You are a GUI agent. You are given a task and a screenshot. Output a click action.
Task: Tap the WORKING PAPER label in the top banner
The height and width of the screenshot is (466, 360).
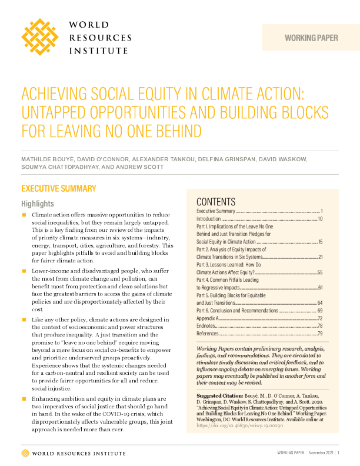(311, 38)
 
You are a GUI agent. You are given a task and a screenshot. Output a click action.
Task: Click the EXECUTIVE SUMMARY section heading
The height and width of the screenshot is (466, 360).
(58, 189)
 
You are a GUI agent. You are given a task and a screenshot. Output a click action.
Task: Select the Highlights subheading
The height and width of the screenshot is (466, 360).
(38, 204)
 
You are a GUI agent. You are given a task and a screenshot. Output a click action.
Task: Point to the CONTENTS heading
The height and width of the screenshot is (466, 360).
(216, 201)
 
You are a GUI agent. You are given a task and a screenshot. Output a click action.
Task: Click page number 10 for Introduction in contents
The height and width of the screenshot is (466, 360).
(320, 218)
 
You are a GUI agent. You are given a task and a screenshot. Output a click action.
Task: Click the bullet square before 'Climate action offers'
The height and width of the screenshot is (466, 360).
(25, 215)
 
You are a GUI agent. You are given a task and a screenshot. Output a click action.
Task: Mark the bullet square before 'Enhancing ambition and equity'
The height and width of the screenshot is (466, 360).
(25, 391)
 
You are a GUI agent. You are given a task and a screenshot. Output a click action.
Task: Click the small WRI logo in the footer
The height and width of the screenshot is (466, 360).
(25, 452)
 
